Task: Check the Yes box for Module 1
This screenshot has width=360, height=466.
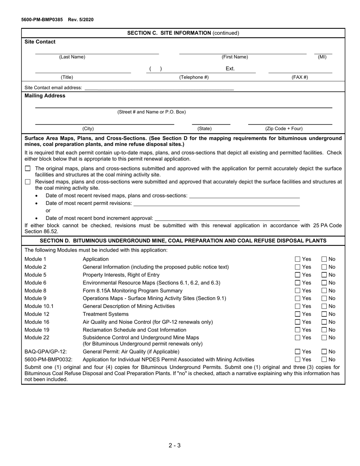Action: pyautogui.click(x=298, y=259)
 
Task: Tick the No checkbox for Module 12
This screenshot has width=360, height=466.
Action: pyautogui.click(x=324, y=314)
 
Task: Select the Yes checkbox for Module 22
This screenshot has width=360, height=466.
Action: pyautogui.click(x=298, y=338)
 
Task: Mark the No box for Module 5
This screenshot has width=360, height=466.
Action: pyautogui.click(x=324, y=275)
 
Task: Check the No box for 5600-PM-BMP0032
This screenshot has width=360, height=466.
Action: pyautogui.click(x=324, y=360)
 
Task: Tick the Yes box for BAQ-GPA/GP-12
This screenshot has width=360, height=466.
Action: pyautogui.click(x=298, y=352)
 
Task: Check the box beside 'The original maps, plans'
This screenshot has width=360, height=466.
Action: pyautogui.click(x=28, y=168)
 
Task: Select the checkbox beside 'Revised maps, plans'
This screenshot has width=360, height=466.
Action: pyautogui.click(x=28, y=182)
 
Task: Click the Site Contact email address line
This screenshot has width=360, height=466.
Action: pyautogui.click(x=159, y=88)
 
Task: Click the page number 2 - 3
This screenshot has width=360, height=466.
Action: pyautogui.click(x=175, y=445)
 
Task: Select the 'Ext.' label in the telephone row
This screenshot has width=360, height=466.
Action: pyautogui.click(x=230, y=69)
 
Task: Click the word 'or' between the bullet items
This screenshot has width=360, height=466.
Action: pyautogui.click(x=48, y=210)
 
